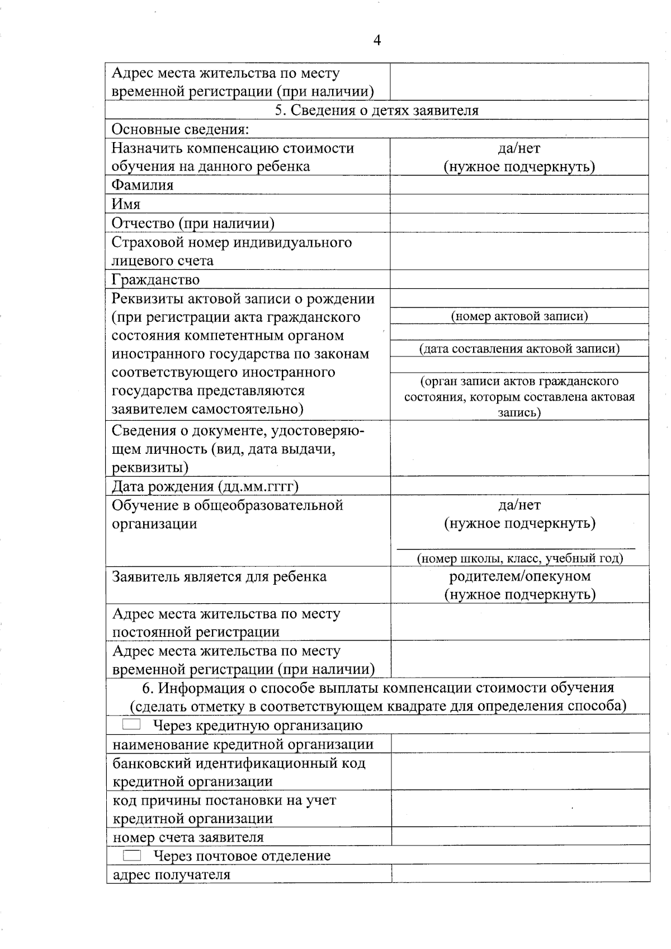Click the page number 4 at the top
(x=377, y=41)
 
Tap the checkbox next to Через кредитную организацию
(x=131, y=725)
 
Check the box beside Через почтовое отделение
(x=132, y=855)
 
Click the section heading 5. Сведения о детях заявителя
(x=376, y=110)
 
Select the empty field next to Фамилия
(x=519, y=185)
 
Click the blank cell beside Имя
(x=519, y=204)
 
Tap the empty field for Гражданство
(x=519, y=279)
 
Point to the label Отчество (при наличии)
(x=193, y=223)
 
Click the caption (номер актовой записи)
(x=519, y=316)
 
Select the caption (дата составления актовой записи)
(x=519, y=349)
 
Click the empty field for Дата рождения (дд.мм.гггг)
(x=519, y=486)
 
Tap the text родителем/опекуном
(x=519, y=576)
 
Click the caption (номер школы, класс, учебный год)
(x=519, y=558)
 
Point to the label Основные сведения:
(x=180, y=129)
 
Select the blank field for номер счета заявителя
(x=520, y=837)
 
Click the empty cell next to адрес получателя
(x=520, y=874)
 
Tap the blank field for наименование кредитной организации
(x=520, y=744)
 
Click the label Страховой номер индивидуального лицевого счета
(x=231, y=251)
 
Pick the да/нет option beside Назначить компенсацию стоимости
(x=519, y=148)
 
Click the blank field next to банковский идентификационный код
(x=520, y=772)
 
